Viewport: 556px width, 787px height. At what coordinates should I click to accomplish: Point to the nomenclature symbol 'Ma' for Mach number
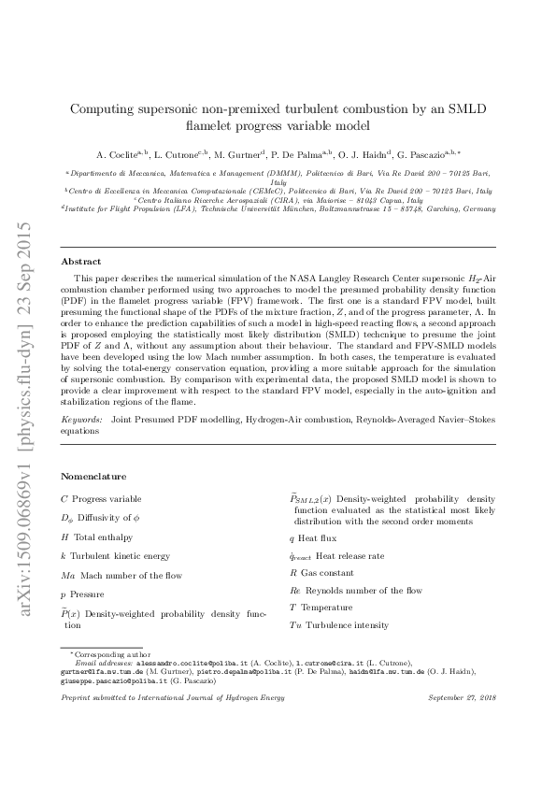(x=67, y=574)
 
